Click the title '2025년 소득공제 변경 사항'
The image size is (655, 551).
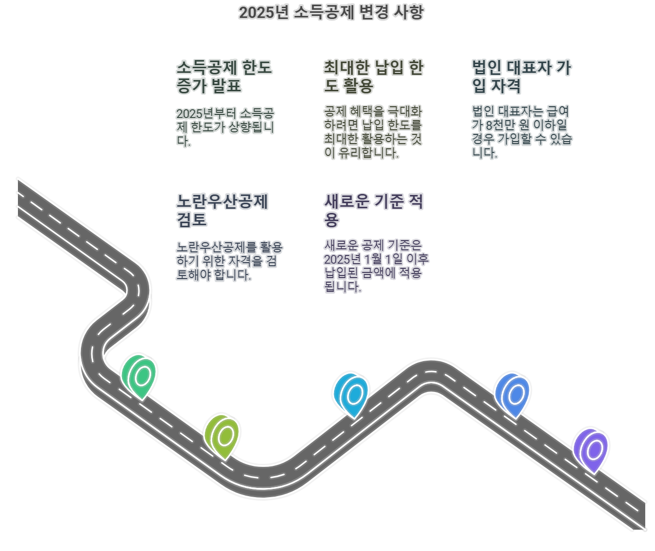331,12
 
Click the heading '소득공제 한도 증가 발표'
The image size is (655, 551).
224,76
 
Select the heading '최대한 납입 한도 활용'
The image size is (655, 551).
373,76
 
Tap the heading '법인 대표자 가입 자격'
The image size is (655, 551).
521,76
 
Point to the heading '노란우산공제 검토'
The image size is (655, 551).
222,210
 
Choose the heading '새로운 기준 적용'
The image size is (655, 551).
373,210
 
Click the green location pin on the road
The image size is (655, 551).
139,376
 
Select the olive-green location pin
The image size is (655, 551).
222,436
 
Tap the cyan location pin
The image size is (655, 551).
352,395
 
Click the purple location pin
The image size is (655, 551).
591,450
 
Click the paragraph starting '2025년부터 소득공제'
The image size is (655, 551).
225,127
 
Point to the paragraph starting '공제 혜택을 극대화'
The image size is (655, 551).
373,132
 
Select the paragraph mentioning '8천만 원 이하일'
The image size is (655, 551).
521,132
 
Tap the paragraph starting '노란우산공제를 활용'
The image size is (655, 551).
229,261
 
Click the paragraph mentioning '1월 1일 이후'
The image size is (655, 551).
376,266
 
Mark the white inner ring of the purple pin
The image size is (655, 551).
595,450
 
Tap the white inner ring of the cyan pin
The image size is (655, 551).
355,395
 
